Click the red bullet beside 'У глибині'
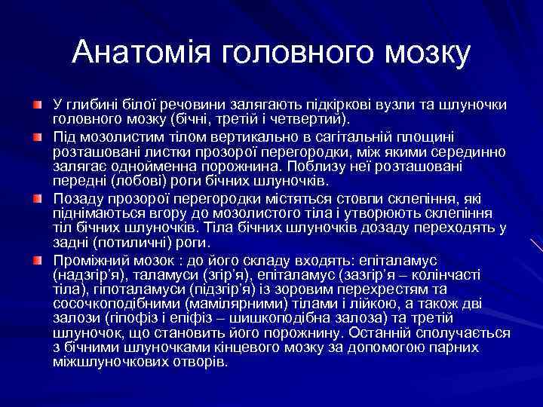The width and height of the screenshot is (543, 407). click(x=38, y=103)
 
